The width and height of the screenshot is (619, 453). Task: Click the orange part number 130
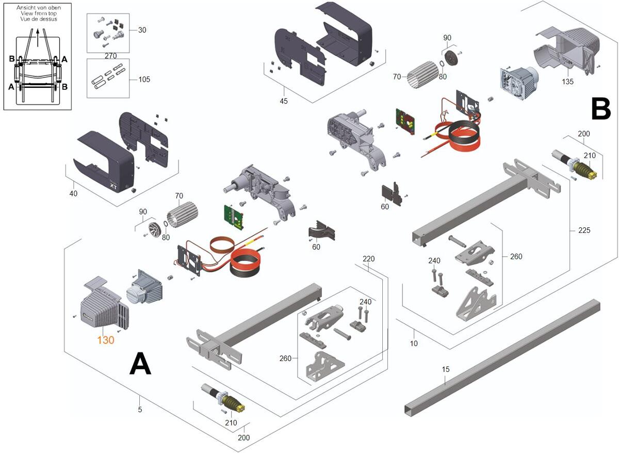click(x=106, y=340)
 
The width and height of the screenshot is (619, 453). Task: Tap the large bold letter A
click(x=140, y=365)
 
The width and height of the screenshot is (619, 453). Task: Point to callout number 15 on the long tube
click(x=446, y=369)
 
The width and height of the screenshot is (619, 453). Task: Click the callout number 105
click(x=145, y=80)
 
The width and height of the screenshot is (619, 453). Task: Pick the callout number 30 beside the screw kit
click(x=142, y=30)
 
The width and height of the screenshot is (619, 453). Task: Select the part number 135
click(x=567, y=81)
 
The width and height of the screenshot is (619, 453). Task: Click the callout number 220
click(x=368, y=259)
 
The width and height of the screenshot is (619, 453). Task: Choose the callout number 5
click(x=140, y=410)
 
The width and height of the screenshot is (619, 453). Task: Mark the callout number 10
click(x=414, y=343)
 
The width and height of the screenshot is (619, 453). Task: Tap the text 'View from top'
click(x=37, y=13)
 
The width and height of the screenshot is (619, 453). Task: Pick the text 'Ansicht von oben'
click(x=37, y=7)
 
